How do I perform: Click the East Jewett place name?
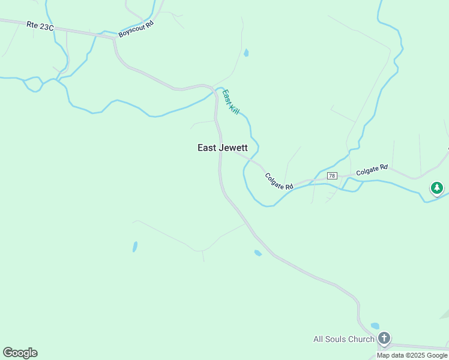[x=223, y=148]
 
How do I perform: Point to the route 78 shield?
[x=332, y=176]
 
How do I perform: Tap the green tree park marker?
[x=437, y=189]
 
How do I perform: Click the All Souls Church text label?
[x=344, y=339]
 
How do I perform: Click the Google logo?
[x=20, y=353]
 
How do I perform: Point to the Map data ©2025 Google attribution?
[x=412, y=355]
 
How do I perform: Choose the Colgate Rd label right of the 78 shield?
[x=372, y=171]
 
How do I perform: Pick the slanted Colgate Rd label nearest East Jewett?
[x=279, y=182]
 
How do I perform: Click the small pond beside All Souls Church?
[x=375, y=326]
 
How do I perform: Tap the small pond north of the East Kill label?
[x=246, y=53]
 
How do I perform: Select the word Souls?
[x=339, y=339]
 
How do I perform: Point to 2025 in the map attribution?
[x=419, y=355]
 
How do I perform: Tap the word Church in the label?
[x=362, y=339]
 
